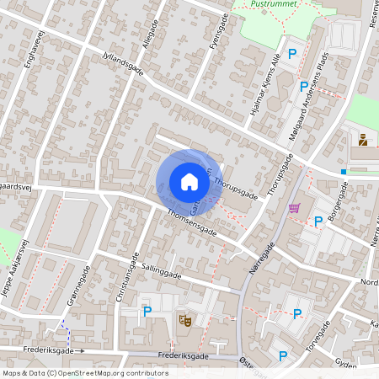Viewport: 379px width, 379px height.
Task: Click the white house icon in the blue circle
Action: click(x=189, y=181)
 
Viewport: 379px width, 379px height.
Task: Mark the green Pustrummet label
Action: click(x=276, y=4)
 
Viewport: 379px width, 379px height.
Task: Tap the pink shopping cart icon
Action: click(x=294, y=208)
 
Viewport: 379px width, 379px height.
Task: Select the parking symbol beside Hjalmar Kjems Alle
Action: click(x=292, y=54)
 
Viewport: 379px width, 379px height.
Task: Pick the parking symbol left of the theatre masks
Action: click(x=147, y=311)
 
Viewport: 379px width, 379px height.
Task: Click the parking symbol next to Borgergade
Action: click(x=318, y=222)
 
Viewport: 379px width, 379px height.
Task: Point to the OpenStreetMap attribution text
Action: click(x=85, y=372)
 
